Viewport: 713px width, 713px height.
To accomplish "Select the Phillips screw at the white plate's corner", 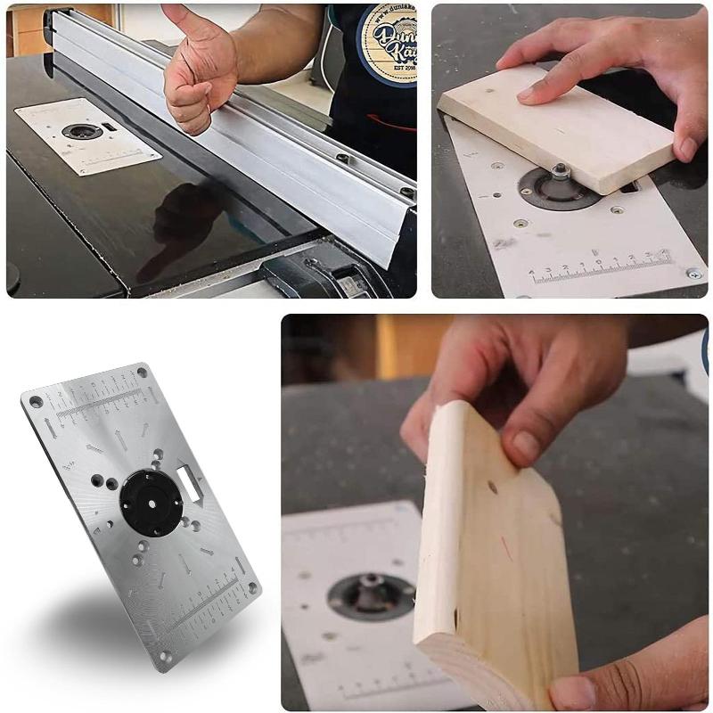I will pos(693,275).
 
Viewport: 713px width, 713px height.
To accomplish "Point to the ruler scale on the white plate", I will pos(597,267).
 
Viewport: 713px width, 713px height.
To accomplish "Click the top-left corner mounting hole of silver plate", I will pos(36,403).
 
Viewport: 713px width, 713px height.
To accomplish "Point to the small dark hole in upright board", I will pos(492,488).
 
